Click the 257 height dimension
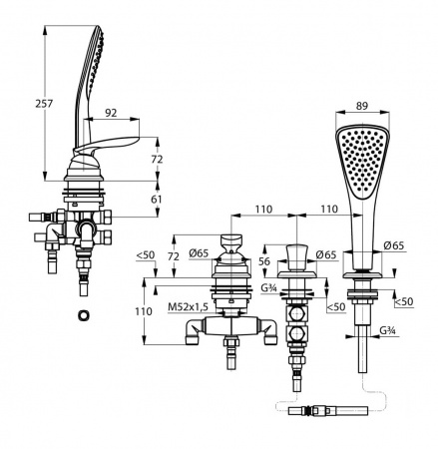point(44,104)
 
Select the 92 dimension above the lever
point(111,113)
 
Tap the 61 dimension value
point(157,200)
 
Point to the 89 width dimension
point(362,106)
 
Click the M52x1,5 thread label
point(188,307)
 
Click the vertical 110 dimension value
point(144,311)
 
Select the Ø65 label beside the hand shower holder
point(394,245)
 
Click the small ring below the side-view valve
point(83,315)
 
